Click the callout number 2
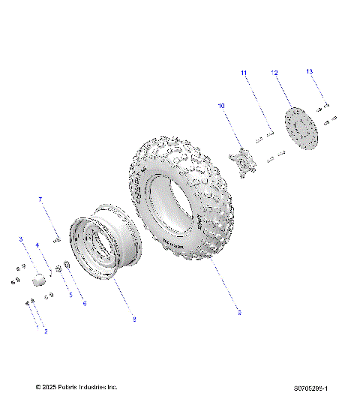pos(46,331)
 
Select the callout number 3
pos(21,239)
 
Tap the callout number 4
pos(37,245)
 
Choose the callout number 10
pos(221,106)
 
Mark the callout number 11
pos(244,72)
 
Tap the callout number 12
pos(274,73)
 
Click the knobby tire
pos(184,199)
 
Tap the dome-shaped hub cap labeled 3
pos(37,280)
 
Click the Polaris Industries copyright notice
pos(76,387)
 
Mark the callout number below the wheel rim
pos(133,319)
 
